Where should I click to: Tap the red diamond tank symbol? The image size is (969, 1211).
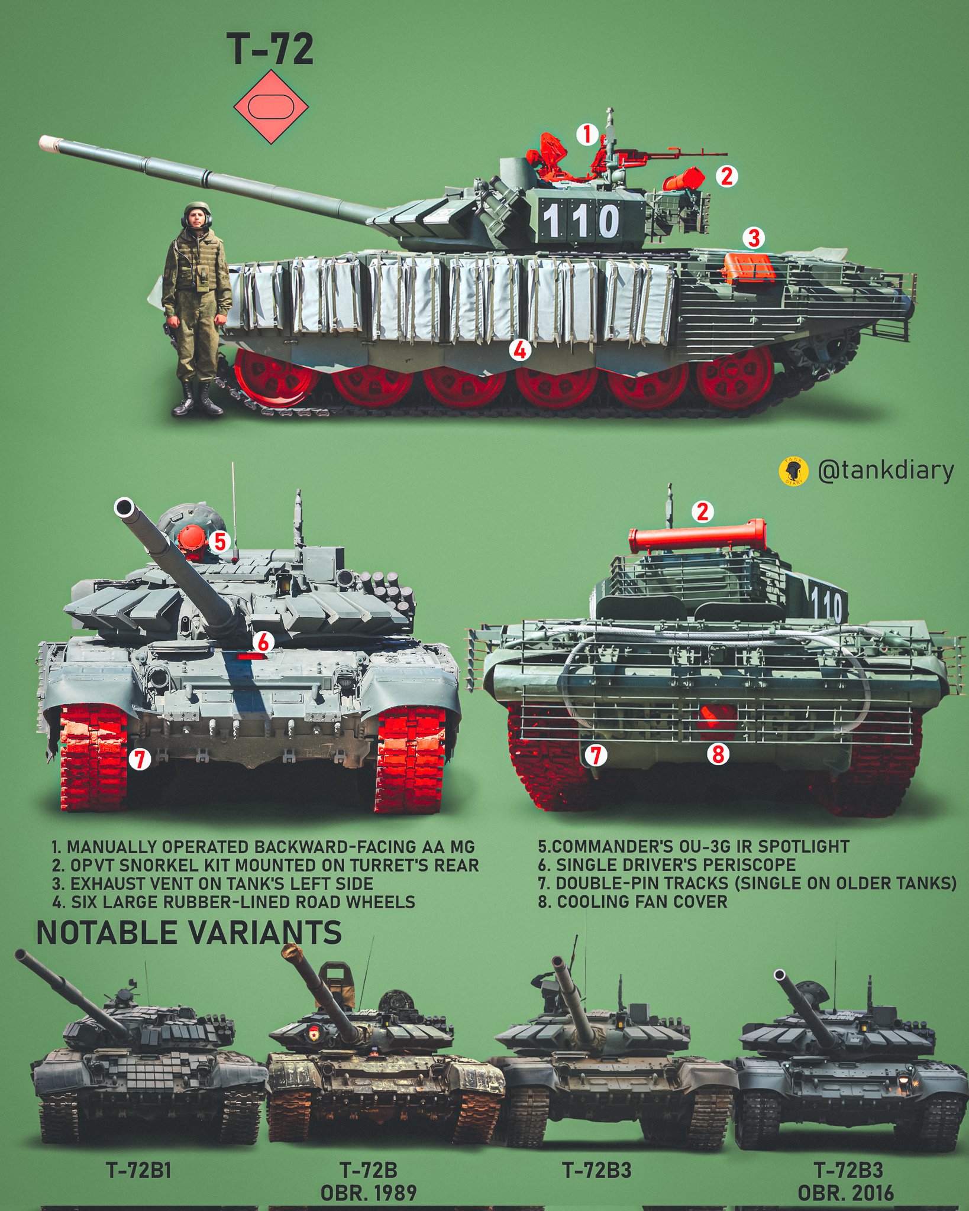pos(271,106)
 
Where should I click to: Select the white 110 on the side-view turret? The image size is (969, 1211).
pos(580,221)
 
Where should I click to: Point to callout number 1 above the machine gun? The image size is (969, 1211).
pos(587,135)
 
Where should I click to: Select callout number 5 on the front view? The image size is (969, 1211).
pos(219,541)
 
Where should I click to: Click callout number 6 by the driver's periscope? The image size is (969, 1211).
pos(263,642)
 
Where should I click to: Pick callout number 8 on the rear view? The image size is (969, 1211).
pos(718,754)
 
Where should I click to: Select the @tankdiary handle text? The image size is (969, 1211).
pos(886,471)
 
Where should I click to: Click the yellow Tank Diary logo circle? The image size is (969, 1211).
pos(794,472)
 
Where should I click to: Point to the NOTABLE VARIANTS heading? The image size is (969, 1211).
pos(189,932)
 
